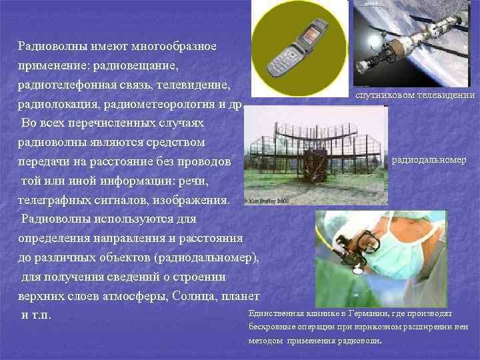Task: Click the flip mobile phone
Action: [x=296, y=47]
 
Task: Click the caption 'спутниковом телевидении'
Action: [x=415, y=96]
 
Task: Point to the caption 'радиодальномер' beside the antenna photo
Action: [x=429, y=160]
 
